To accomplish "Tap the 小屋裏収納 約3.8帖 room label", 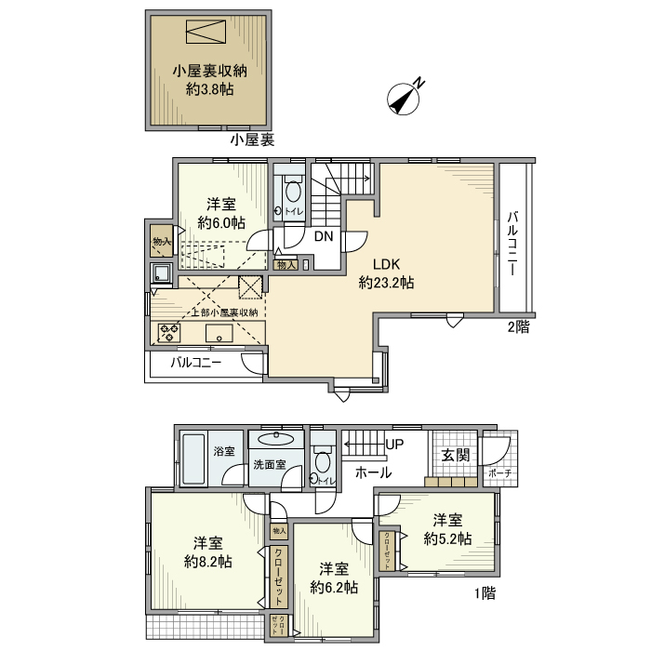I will (209, 80).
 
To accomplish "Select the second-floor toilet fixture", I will (293, 193).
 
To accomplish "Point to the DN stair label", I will (323, 236).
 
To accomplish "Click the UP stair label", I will (394, 445).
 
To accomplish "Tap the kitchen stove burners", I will (168, 330).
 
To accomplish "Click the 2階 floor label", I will (518, 326).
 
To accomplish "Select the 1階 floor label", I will (485, 593).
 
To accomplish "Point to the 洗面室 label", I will (270, 465).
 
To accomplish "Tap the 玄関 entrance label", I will (456, 455).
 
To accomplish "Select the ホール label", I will (373, 473).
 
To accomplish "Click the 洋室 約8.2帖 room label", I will (208, 552).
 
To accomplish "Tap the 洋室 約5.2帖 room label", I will (447, 529).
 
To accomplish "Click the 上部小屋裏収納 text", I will (225, 312).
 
